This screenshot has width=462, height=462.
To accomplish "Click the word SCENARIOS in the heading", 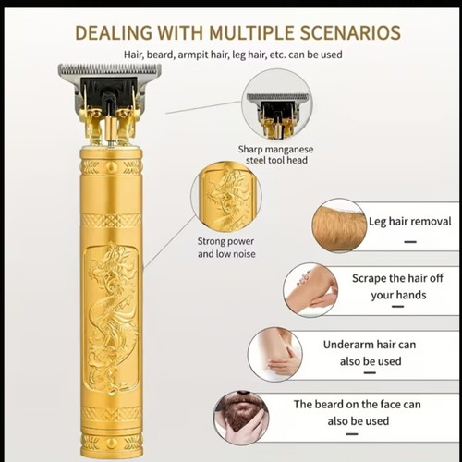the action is click(x=350, y=32).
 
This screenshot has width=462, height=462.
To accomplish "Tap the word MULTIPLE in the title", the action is click(x=251, y=32).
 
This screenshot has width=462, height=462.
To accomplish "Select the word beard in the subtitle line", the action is click(x=160, y=55).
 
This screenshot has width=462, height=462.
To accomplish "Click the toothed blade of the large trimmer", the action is click(x=110, y=69).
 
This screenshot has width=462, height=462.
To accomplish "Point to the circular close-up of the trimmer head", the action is click(x=276, y=103).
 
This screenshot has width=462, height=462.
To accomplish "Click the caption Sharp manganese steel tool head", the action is click(x=276, y=154).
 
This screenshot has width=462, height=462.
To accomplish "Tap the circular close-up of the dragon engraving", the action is click(x=226, y=197).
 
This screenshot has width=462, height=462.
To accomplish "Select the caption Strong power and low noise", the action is click(x=226, y=248).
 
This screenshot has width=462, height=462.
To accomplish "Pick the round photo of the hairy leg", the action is click(x=339, y=225).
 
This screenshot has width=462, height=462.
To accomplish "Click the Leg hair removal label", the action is click(x=410, y=222).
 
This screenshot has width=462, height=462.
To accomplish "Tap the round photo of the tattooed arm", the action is click(x=310, y=290).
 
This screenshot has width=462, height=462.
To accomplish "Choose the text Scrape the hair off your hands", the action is click(x=398, y=286).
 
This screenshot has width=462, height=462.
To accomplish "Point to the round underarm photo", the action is click(x=275, y=355).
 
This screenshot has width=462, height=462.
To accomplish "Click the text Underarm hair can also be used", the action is click(x=370, y=353).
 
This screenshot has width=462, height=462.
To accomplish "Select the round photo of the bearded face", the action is click(x=241, y=418).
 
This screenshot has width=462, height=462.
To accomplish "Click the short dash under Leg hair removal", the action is click(x=410, y=242).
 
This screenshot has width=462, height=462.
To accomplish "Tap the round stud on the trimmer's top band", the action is click(x=112, y=167).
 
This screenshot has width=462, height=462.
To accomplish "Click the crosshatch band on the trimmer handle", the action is click(x=112, y=221).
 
